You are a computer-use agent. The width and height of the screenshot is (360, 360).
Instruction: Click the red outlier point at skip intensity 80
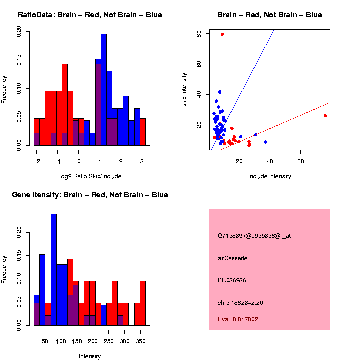point(222,34)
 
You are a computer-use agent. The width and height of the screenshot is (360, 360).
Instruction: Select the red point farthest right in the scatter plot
point(325,116)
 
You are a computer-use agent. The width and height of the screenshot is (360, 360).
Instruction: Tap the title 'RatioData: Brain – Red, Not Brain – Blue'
point(90,15)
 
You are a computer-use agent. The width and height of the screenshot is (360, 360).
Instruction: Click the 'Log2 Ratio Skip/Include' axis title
point(89,176)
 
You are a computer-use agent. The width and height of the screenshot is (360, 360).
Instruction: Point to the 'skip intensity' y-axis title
point(184,89)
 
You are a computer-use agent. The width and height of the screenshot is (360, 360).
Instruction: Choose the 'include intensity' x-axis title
point(270,176)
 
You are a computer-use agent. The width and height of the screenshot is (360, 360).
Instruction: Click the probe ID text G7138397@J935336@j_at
point(254,236)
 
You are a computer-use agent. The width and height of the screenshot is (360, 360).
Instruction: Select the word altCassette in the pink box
point(232,258)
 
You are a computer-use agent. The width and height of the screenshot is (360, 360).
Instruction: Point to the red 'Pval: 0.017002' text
point(238,319)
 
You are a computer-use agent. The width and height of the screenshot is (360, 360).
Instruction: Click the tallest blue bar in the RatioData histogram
point(104,90)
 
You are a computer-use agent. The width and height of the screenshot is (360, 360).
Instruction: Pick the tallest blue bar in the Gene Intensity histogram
point(53,270)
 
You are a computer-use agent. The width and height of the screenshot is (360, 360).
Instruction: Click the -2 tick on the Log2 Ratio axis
point(36,161)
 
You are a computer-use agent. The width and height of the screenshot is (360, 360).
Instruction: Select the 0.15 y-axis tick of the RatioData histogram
point(19,60)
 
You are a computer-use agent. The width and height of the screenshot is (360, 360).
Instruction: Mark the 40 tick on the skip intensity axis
point(199,94)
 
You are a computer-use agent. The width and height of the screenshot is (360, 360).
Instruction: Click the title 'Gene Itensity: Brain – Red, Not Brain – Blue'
point(90,195)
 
